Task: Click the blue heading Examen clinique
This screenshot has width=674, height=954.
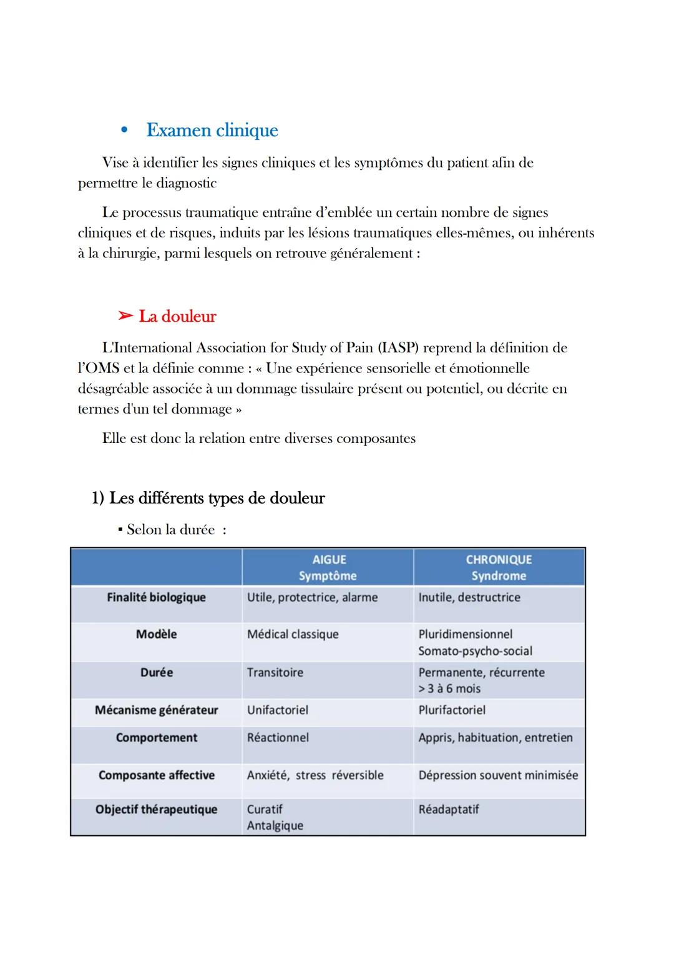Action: [x=212, y=130]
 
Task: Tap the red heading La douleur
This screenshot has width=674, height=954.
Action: [x=177, y=316]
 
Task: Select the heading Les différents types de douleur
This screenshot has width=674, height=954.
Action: [x=216, y=498]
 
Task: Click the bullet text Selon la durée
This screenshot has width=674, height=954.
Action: [x=170, y=530]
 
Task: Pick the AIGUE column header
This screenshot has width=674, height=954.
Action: [x=328, y=560]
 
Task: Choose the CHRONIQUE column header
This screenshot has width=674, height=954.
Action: [x=499, y=560]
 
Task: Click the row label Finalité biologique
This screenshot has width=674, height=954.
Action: [x=156, y=597]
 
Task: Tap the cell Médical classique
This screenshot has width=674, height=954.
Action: [x=293, y=634]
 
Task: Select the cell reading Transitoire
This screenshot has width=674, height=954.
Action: [x=275, y=672]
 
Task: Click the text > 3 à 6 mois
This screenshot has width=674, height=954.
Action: [x=449, y=688]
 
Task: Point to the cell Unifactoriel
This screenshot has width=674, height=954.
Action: [x=278, y=710]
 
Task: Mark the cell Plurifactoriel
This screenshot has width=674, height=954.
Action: [x=452, y=710]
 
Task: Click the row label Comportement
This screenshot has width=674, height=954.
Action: [x=156, y=737]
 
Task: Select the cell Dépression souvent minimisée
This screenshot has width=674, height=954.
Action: [x=498, y=775]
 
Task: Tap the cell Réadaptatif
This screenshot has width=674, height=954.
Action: [x=449, y=809]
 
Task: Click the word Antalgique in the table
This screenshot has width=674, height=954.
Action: [x=275, y=825]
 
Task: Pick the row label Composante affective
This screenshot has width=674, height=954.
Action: [x=156, y=775]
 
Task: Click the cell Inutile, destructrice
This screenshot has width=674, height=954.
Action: [x=469, y=597]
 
